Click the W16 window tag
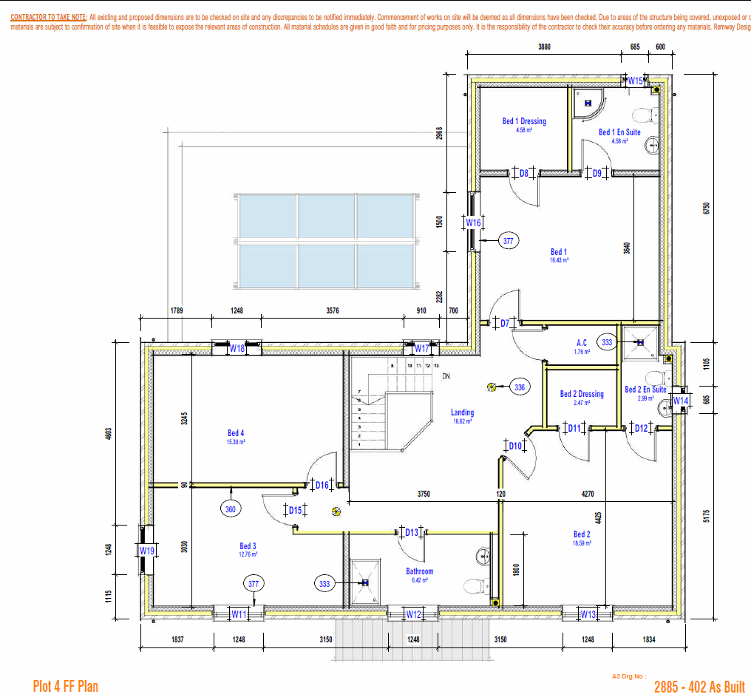473,222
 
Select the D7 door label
505,323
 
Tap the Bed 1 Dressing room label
524,121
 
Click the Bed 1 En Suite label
619,132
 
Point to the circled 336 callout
520,387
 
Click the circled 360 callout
231,509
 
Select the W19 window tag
147,551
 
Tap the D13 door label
412,532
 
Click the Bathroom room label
419,571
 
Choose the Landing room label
462,413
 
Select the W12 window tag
413,614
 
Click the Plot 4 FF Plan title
65,687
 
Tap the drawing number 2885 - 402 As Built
699,687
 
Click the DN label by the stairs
446,376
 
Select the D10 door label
515,446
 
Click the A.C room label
582,343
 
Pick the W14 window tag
679,401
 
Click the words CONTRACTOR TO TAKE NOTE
49,16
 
